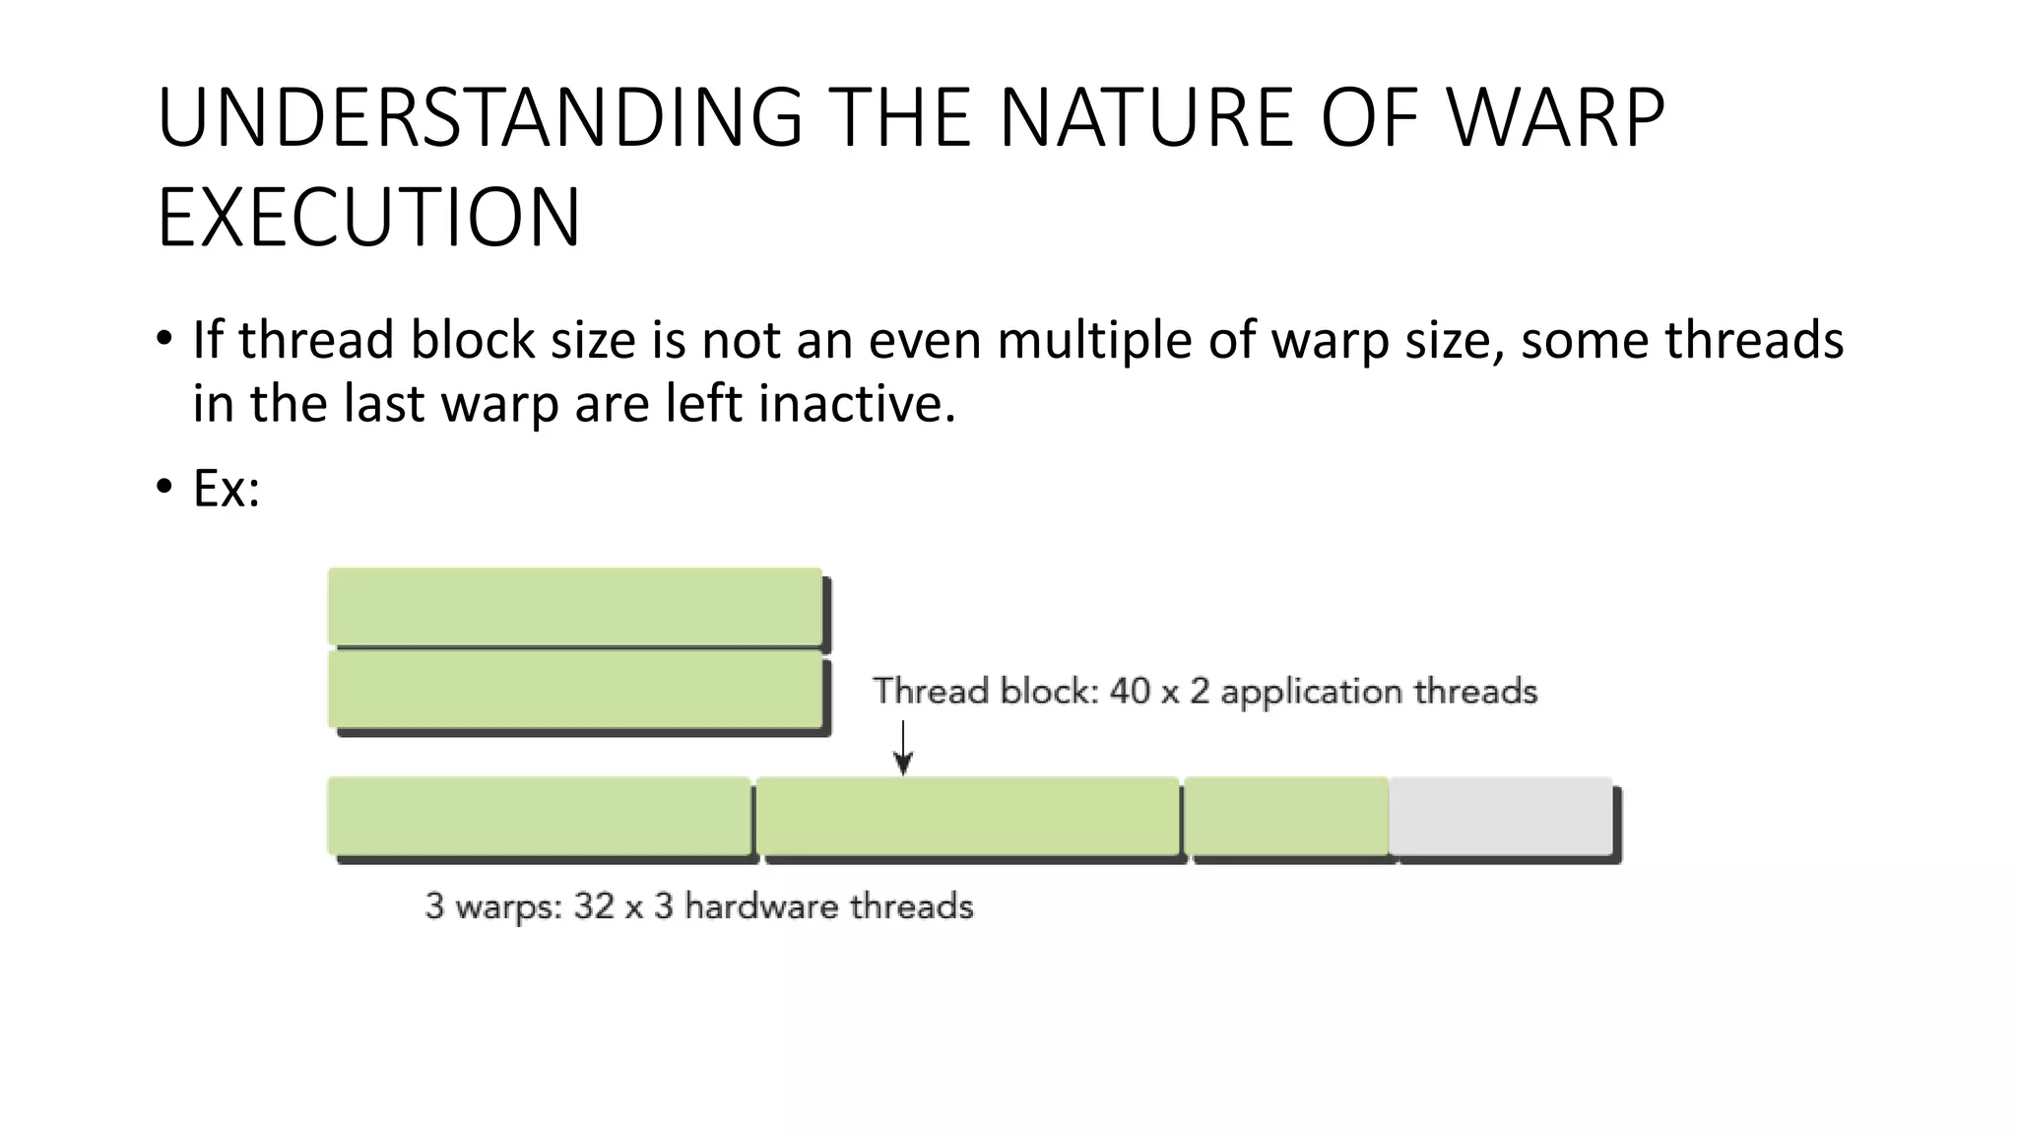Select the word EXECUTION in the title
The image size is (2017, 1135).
click(369, 218)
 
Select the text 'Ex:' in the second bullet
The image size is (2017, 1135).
click(227, 488)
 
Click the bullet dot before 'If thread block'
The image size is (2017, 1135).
click(164, 340)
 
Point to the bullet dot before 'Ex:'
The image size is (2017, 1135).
click(164, 488)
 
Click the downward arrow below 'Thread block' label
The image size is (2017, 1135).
click(903, 749)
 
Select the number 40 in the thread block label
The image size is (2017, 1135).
click(1130, 692)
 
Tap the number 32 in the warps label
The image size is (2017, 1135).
click(594, 906)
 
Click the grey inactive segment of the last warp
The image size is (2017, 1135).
click(1500, 816)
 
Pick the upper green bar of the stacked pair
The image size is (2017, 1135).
click(575, 606)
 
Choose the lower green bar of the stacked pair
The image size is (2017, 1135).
click(575, 691)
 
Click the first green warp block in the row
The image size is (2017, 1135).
click(539, 816)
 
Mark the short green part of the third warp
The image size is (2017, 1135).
click(1286, 816)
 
